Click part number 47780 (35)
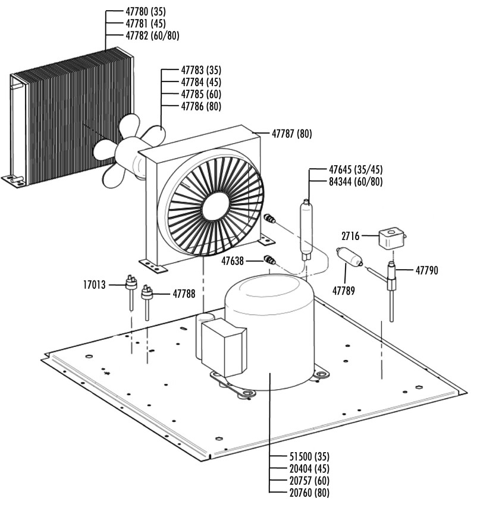(x=146, y=11)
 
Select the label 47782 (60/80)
(x=152, y=36)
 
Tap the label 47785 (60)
(x=200, y=94)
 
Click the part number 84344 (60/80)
(x=356, y=181)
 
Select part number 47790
(x=426, y=270)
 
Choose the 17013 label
(x=94, y=285)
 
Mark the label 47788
(x=184, y=293)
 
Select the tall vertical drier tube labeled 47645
(x=307, y=229)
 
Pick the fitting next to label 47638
(x=269, y=260)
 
